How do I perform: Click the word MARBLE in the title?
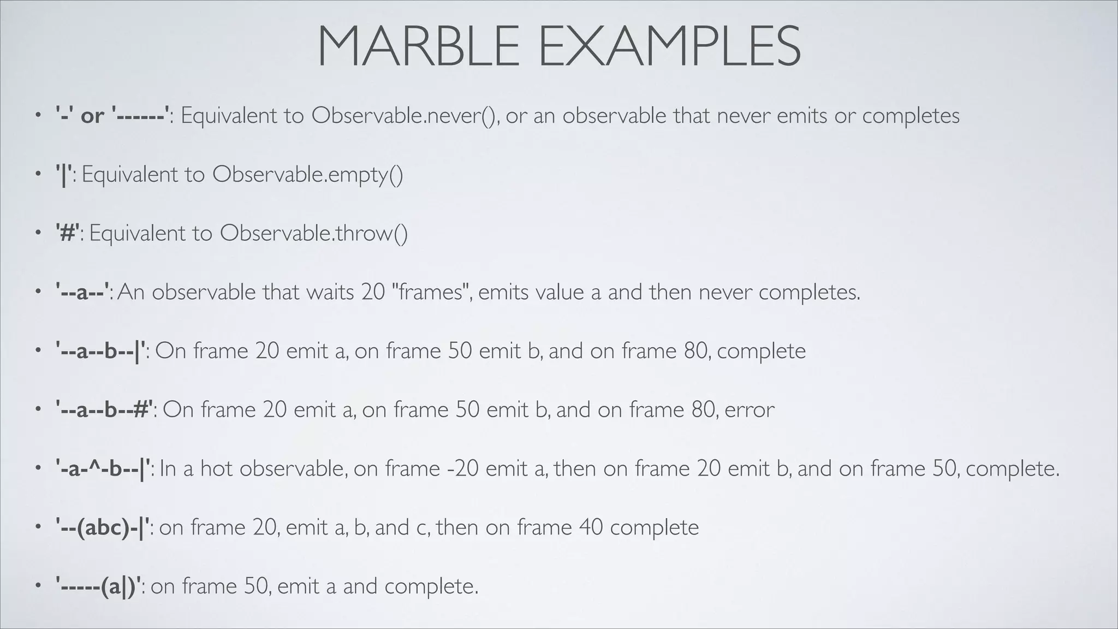pos(418,47)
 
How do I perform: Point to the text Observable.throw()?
pos(314,234)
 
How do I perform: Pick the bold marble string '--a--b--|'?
pos(102,351)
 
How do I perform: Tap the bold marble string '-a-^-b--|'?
pos(103,469)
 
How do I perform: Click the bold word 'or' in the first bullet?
pos(92,116)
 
